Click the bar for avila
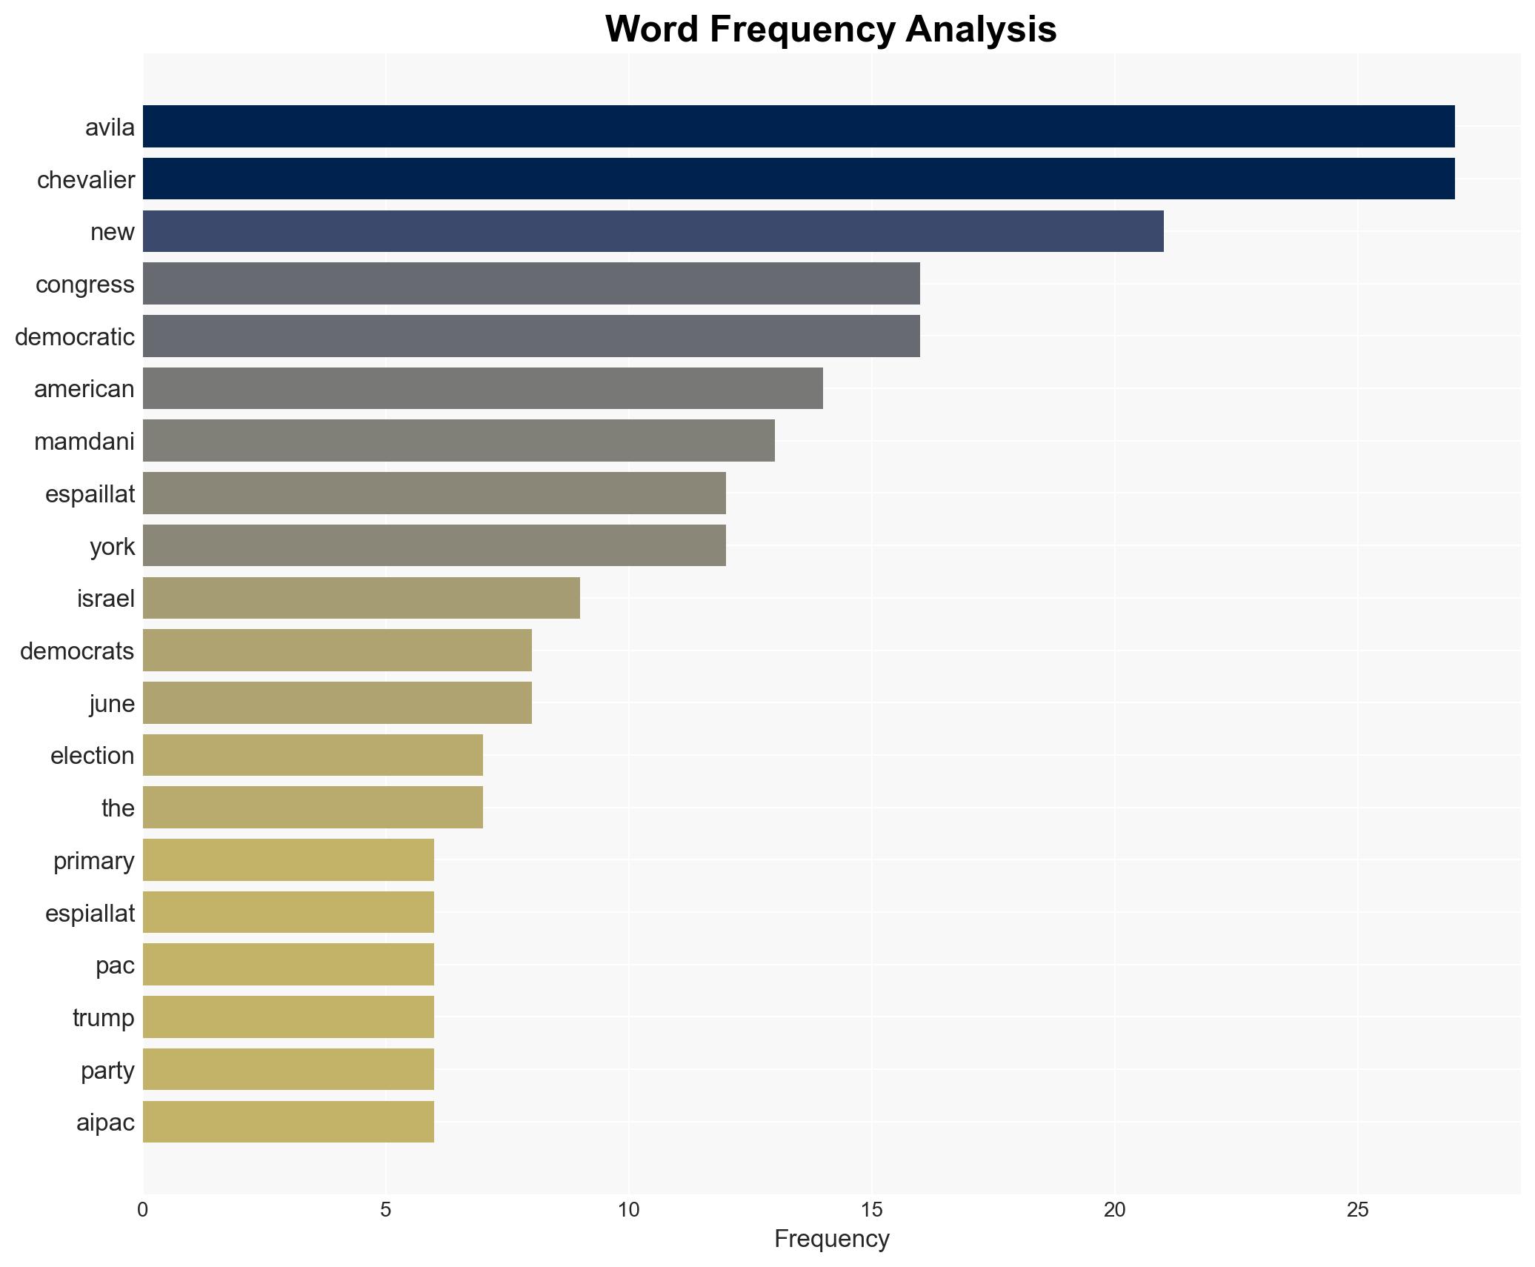pos(798,127)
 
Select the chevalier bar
pos(798,179)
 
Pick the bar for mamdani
pos(458,441)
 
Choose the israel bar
pos(361,598)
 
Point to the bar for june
pos(336,702)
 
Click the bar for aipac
pos(287,1122)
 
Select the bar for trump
pos(287,1017)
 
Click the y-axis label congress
pos(85,285)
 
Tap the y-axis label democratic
pos(75,337)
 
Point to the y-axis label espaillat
pos(90,494)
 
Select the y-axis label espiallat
pos(90,914)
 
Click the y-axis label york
pos(112,547)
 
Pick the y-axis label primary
pos(93,861)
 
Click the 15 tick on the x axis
pos(871,1210)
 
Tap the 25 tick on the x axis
pos(1357,1210)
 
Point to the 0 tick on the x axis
pos(143,1210)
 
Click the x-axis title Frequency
pos(831,1239)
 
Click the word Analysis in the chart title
pos(980,30)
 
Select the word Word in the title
pos(652,30)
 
